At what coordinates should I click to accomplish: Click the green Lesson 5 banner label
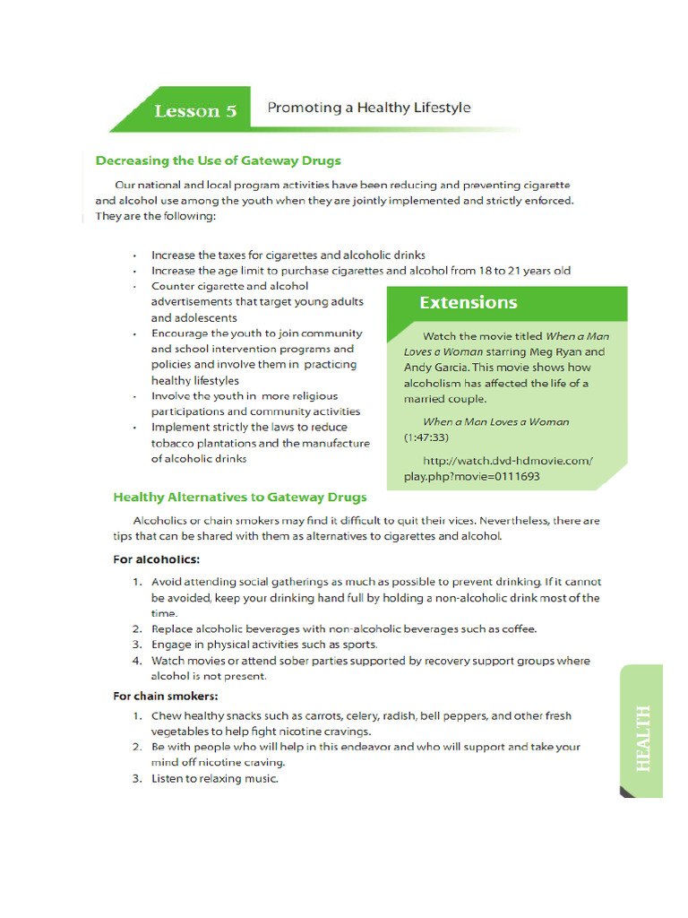click(195, 111)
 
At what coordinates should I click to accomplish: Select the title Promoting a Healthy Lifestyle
click(368, 108)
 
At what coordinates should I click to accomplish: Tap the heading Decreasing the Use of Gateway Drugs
click(218, 160)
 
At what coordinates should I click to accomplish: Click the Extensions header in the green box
click(468, 302)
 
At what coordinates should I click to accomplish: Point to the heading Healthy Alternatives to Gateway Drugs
click(239, 497)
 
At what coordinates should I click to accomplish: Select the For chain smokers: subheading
click(166, 696)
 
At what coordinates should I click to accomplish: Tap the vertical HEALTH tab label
click(642, 739)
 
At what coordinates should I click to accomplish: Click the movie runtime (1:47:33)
click(426, 437)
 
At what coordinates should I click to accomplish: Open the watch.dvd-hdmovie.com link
click(498, 468)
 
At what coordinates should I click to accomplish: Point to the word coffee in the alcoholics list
click(519, 629)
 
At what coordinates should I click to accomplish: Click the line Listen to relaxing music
click(215, 778)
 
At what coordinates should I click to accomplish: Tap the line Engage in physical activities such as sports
click(264, 645)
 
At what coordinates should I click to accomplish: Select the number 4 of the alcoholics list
click(138, 661)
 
